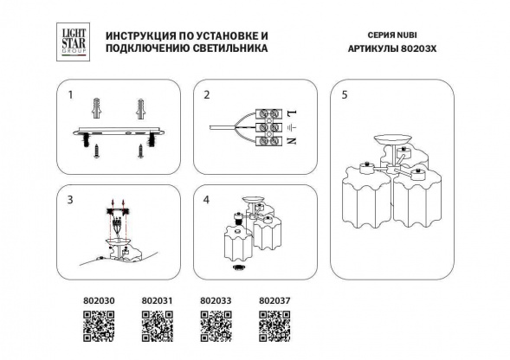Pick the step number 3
click(71, 199)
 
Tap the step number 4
click(206, 199)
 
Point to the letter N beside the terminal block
click(292, 140)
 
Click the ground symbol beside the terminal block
click(292, 126)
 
